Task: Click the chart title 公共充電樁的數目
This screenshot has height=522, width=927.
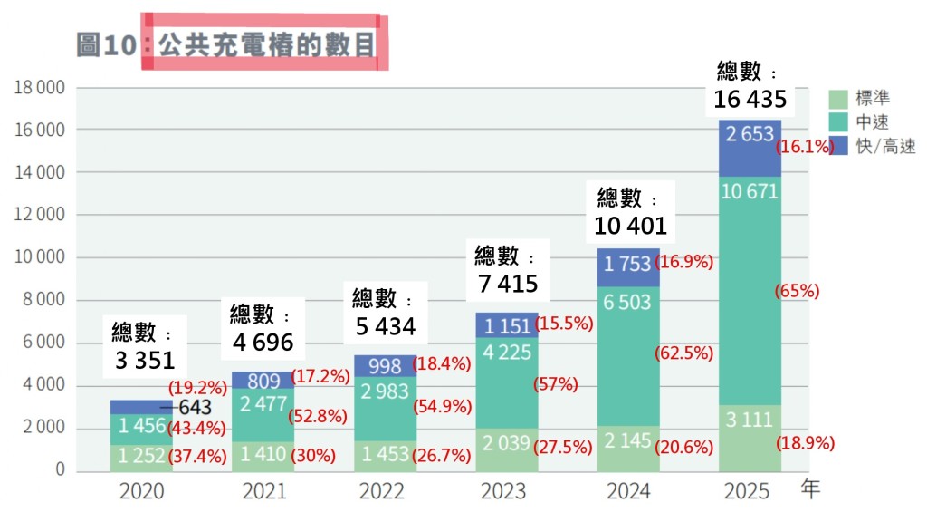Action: (266, 43)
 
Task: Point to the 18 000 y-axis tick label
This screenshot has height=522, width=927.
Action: (39, 88)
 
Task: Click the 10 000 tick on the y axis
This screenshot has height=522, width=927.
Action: (39, 257)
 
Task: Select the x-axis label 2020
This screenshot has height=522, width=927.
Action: (142, 492)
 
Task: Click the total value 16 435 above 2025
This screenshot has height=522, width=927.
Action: (750, 99)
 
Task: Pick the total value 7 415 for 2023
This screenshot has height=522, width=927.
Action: (508, 284)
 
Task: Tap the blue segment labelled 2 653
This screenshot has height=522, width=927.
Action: (750, 134)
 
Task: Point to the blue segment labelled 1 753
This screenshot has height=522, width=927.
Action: (628, 264)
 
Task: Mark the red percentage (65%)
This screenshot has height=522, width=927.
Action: (798, 291)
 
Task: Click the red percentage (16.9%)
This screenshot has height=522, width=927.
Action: (685, 263)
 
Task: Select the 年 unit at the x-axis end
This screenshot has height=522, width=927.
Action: (811, 490)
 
